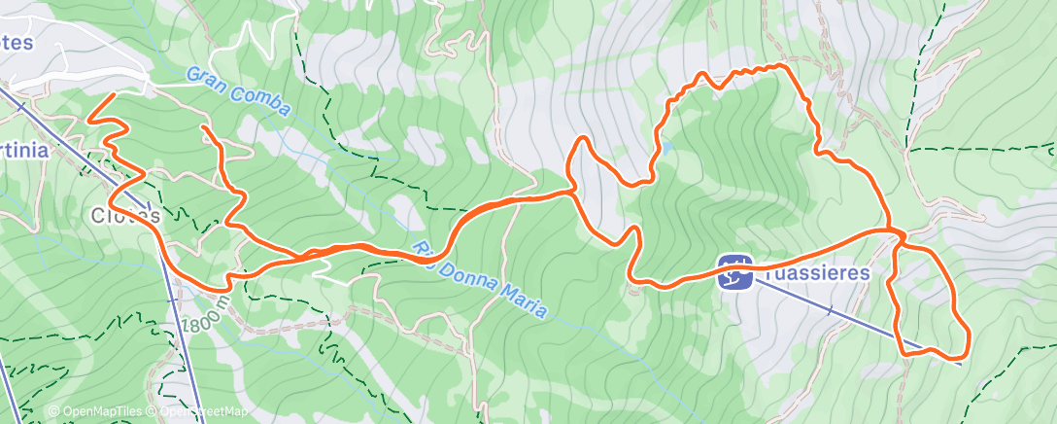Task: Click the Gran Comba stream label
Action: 238,92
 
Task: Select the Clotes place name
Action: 123,214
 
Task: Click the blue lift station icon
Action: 735,272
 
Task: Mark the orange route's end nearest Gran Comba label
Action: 204,127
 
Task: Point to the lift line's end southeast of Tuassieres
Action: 960,363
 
